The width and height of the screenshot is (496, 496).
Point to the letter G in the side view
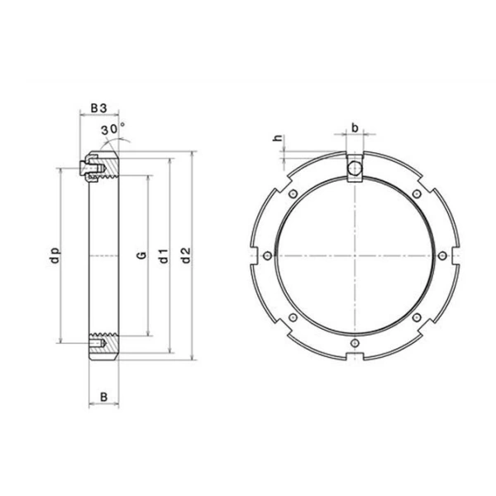click(x=141, y=257)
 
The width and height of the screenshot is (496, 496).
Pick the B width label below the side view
click(x=103, y=398)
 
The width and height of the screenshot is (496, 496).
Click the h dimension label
click(x=279, y=140)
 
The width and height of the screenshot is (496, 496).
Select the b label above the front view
click(x=354, y=128)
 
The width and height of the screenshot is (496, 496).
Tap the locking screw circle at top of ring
click(x=354, y=169)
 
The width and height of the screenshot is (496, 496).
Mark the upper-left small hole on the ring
click(x=293, y=193)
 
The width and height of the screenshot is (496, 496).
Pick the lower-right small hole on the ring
click(x=416, y=317)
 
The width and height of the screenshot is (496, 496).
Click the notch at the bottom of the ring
click(x=354, y=356)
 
